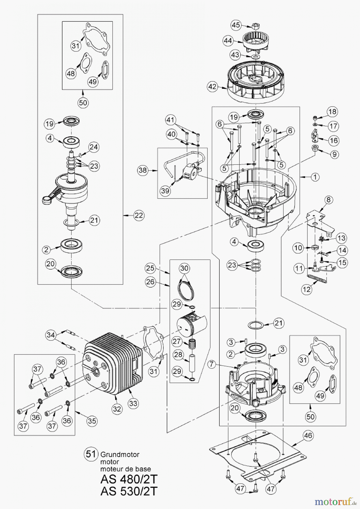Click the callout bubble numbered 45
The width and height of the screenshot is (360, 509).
[236, 25]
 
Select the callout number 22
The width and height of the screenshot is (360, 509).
[139, 215]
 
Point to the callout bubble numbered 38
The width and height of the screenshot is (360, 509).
[143, 170]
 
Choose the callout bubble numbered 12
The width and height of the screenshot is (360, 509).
[307, 289]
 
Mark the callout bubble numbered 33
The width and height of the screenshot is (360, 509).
[133, 403]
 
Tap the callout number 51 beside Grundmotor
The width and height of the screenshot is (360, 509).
[91, 454]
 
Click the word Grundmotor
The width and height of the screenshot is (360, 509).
[120, 455]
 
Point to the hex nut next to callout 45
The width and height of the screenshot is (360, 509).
[255, 26]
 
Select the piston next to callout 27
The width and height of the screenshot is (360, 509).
[191, 325]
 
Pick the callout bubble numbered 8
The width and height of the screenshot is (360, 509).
[328, 200]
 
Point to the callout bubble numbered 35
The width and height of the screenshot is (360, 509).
[92, 421]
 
